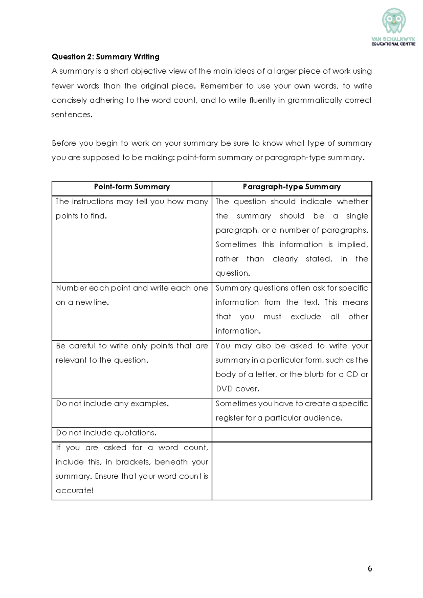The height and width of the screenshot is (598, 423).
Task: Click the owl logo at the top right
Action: (x=394, y=22)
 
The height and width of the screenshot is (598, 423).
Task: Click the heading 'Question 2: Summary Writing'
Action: (x=105, y=57)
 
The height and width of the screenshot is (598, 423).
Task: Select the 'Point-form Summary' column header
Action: (x=132, y=187)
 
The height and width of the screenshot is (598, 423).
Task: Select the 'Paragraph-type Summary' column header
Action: (x=292, y=187)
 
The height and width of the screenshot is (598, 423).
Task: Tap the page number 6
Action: (x=370, y=568)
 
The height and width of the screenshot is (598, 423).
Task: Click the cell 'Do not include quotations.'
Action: (x=106, y=433)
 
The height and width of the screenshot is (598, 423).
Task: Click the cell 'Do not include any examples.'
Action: (x=112, y=403)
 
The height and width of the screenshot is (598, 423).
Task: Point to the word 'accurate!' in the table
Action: (x=74, y=490)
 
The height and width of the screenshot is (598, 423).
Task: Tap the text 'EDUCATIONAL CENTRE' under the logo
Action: (x=393, y=44)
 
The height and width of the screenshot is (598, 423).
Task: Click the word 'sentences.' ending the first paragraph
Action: (x=72, y=115)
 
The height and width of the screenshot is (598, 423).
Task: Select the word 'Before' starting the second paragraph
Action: (x=63, y=143)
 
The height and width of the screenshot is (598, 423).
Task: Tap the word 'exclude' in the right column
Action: (x=306, y=317)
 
